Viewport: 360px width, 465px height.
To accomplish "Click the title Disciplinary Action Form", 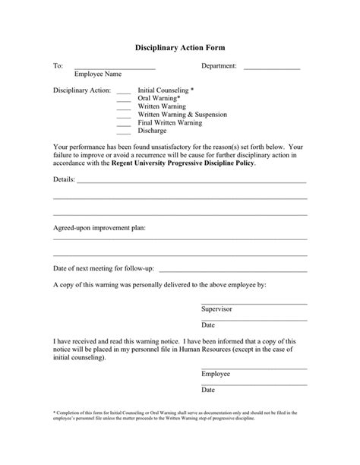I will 180,48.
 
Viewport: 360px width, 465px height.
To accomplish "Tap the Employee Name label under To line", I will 98,74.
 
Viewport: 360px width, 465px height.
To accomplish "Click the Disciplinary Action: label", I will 82,90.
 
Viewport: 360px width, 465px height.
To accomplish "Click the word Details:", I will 64,180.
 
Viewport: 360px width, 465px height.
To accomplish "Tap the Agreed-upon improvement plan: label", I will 99,227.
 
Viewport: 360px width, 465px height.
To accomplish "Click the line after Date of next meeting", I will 233,270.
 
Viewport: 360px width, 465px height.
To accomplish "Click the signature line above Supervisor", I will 254,304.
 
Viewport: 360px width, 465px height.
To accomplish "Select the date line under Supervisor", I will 254,319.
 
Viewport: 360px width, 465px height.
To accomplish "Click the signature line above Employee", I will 254,369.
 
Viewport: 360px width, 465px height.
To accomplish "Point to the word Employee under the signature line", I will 215,374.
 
